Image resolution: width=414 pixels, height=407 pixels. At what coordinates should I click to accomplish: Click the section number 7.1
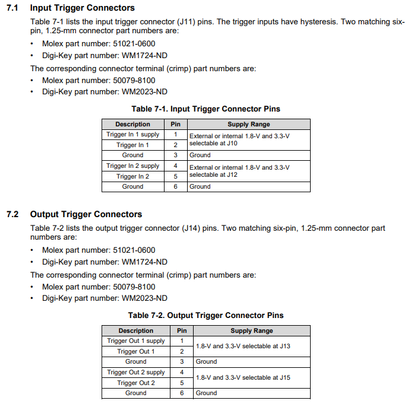click(x=12, y=8)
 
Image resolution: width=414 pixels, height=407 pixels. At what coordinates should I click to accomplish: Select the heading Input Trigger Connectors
click(x=83, y=8)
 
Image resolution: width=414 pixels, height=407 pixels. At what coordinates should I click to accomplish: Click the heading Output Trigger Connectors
click(x=86, y=214)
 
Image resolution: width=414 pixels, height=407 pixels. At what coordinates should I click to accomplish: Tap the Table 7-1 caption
click(x=206, y=109)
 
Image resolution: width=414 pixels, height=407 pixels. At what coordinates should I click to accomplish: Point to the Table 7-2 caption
click(x=206, y=316)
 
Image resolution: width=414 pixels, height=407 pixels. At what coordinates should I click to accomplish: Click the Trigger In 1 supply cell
click(x=133, y=135)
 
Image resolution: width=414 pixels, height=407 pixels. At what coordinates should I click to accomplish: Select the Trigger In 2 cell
click(x=133, y=176)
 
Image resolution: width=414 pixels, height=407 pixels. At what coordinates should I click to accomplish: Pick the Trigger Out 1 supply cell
click(x=136, y=341)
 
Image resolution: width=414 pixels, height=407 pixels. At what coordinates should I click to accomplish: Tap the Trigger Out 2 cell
click(x=136, y=383)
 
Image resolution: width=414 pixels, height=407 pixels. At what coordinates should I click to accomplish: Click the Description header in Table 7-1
click(x=133, y=125)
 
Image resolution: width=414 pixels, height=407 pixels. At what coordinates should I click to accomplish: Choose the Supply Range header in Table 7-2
click(x=252, y=331)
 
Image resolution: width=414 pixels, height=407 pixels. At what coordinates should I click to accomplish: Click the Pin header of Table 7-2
click(x=182, y=331)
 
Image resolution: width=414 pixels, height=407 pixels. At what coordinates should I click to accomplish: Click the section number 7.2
click(x=12, y=214)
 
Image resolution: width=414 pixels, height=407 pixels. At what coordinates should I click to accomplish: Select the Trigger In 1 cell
click(x=133, y=145)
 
